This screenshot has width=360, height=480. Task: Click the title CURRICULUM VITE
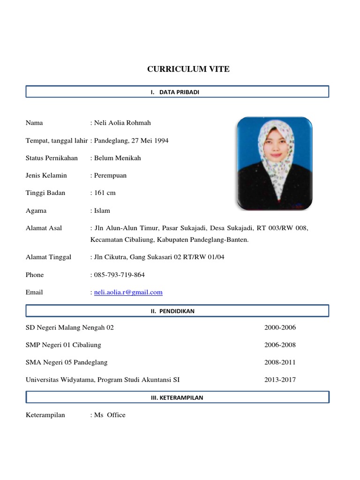188,69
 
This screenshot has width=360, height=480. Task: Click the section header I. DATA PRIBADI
177,92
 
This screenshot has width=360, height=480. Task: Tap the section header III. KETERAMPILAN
177,397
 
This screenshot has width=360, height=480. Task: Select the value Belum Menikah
117,158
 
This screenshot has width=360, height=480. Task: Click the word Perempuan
110,175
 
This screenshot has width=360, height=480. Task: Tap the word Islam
102,210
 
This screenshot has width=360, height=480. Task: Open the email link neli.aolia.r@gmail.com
128,292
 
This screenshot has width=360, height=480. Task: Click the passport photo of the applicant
274,163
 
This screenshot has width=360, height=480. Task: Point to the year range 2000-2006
280,328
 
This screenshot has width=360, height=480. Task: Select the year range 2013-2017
280,380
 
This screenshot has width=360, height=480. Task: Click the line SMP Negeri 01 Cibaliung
63,345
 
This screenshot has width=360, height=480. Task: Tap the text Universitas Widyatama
60,380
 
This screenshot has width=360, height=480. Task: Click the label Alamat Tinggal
48,257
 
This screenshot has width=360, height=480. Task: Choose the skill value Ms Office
110,415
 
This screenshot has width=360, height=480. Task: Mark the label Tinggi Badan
45,193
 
